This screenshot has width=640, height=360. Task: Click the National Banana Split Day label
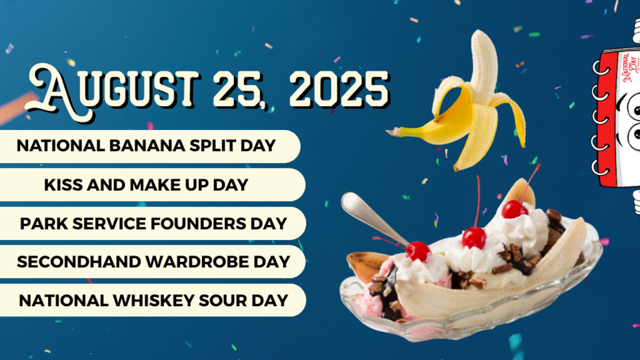pos(146,146)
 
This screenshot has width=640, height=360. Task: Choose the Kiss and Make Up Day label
pos(146,185)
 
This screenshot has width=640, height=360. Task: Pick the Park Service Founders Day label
pos(153,223)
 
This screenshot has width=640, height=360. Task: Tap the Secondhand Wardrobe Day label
pos(153,262)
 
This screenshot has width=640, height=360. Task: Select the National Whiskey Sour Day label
pos(153,300)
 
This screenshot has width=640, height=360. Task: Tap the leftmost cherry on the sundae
pos(418,251)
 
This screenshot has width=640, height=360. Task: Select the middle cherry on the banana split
pos(474,237)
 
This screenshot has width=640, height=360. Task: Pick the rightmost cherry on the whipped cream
pos(514,209)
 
